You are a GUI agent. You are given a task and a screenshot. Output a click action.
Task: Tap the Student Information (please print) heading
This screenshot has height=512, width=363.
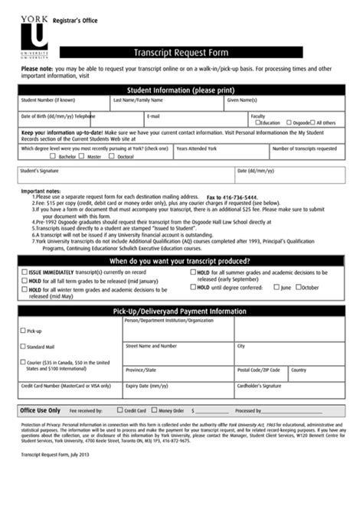point(181,88)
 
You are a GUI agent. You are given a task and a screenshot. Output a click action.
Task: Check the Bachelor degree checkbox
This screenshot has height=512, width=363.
point(54,156)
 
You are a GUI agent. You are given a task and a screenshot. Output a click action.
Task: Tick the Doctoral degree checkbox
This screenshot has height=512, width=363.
point(111,156)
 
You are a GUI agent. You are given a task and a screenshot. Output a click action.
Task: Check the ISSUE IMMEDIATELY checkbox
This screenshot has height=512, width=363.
point(23,272)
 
